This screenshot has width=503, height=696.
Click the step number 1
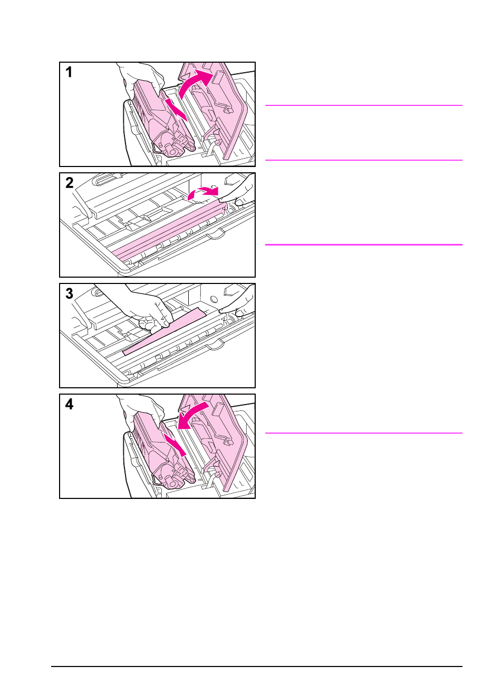[x=69, y=72]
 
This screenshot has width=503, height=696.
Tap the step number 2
[x=70, y=183]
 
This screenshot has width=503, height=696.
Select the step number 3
[x=70, y=293]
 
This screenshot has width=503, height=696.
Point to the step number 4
[x=70, y=404]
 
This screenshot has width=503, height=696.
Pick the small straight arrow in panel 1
[x=176, y=109]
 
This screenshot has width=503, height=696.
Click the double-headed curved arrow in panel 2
[x=203, y=193]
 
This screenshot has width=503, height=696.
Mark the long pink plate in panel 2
[x=169, y=232]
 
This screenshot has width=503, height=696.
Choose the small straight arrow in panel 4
[x=175, y=444]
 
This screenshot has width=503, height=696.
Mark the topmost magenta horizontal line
[x=363, y=105]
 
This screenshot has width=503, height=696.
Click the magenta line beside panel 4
[x=363, y=433]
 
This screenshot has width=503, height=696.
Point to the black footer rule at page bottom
[x=256, y=666]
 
